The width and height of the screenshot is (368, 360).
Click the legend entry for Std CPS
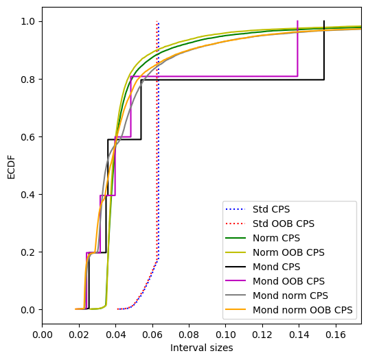click(271, 209)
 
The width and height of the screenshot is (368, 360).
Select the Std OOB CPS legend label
click(284, 224)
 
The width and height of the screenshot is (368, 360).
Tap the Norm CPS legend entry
click(276, 238)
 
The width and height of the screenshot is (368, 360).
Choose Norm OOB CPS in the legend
click(288, 252)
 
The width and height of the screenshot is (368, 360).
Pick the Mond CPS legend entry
click(276, 267)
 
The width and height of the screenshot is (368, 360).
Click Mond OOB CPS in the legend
click(288, 281)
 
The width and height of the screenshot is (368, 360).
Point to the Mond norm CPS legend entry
click(290, 296)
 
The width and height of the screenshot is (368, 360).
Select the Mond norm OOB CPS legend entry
click(303, 310)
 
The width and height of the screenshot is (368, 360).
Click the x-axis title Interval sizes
click(202, 348)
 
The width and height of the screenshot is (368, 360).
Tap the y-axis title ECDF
click(11, 167)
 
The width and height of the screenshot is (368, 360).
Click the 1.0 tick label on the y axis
click(28, 22)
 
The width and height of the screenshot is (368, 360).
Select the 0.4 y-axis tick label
click(28, 195)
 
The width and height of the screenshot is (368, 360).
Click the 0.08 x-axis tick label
click(189, 335)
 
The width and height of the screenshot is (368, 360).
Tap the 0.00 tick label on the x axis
click(43, 335)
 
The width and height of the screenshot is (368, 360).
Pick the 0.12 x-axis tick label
click(262, 335)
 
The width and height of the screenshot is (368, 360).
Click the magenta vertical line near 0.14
click(297, 49)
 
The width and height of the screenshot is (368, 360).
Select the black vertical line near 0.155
click(324, 50)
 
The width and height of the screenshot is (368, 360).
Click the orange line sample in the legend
click(235, 310)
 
